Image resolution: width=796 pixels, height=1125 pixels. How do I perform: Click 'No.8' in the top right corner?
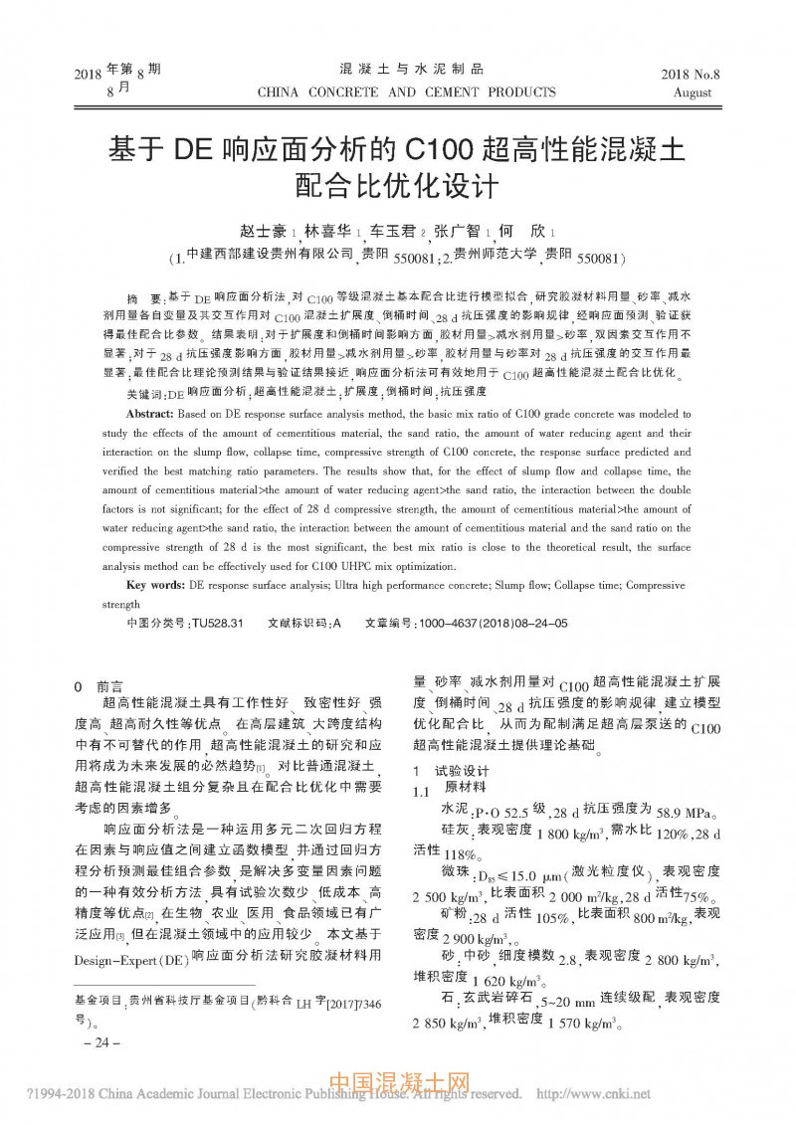click(708, 75)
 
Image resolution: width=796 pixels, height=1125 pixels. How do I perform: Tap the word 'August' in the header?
click(693, 94)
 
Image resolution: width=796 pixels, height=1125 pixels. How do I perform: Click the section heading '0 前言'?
click(99, 687)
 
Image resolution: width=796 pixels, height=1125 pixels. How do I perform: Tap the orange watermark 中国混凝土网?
click(397, 1083)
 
